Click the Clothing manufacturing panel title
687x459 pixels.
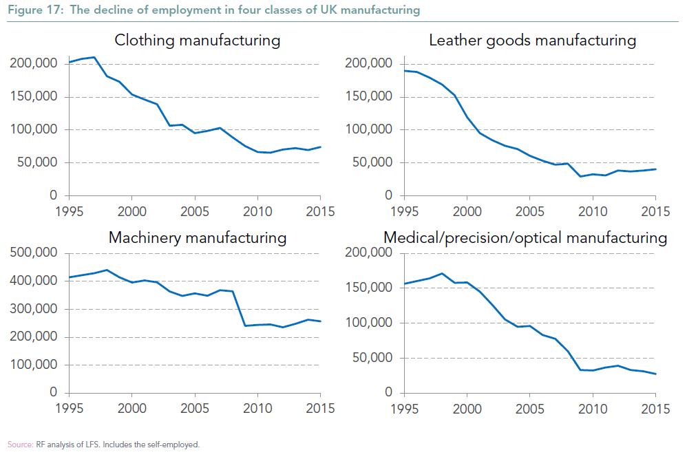197,40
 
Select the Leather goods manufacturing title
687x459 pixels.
532,40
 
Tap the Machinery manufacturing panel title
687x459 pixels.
197,238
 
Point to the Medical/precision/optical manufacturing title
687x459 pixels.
525,238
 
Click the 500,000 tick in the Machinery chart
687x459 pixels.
34,253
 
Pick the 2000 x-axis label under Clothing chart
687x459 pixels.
132,211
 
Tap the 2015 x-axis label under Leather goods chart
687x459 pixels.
655,211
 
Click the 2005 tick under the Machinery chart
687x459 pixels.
195,408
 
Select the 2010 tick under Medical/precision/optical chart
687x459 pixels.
592,408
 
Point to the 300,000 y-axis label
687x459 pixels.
34,309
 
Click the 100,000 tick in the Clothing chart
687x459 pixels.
34,130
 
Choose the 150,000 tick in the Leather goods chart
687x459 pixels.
368,97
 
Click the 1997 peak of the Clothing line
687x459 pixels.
94,57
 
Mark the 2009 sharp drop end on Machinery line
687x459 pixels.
245,325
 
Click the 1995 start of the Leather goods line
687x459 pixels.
405,70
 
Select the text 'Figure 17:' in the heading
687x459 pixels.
30,10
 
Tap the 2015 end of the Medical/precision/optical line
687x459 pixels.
655,374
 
